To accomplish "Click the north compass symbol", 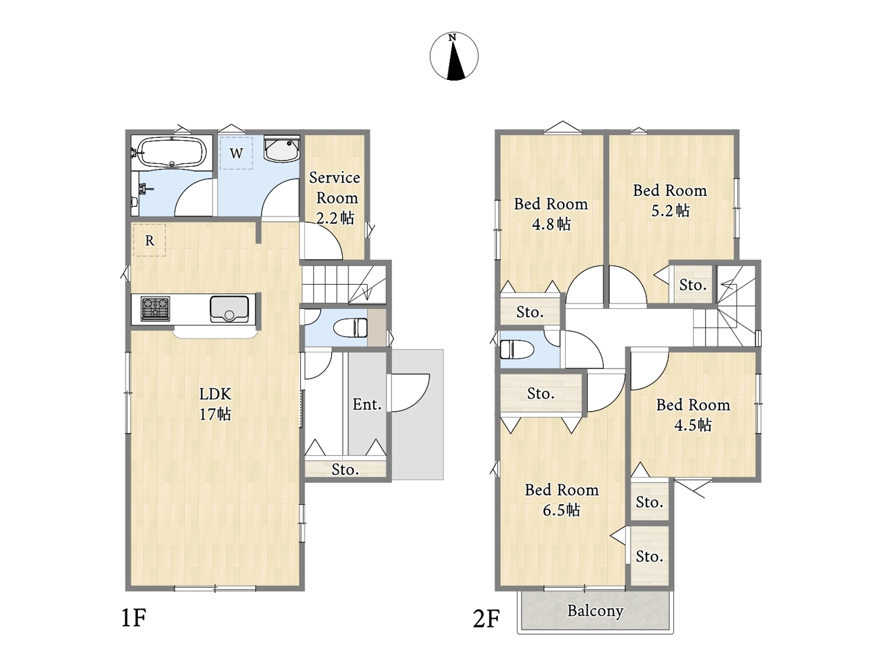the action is click(x=454, y=57).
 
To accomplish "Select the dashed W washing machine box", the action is click(x=237, y=153).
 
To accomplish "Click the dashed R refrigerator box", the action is click(x=150, y=241).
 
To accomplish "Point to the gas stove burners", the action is click(x=155, y=309).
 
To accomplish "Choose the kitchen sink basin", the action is click(x=229, y=309).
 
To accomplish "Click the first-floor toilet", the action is click(x=350, y=328).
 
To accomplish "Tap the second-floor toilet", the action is click(x=517, y=349).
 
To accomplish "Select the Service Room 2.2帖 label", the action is click(x=335, y=198).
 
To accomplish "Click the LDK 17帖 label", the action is click(x=216, y=404).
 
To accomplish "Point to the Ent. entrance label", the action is click(x=367, y=404).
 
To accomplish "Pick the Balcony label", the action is click(x=595, y=611).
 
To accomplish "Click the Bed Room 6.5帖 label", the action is click(x=562, y=500).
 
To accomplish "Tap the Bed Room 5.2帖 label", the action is click(x=670, y=200).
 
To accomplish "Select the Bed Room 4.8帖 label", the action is click(x=550, y=214).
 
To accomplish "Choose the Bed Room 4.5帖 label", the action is click(x=693, y=415).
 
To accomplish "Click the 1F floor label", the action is click(x=133, y=617).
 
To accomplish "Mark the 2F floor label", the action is click(x=486, y=618).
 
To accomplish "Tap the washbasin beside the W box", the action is click(x=281, y=150).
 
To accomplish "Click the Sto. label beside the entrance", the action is click(x=345, y=470).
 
